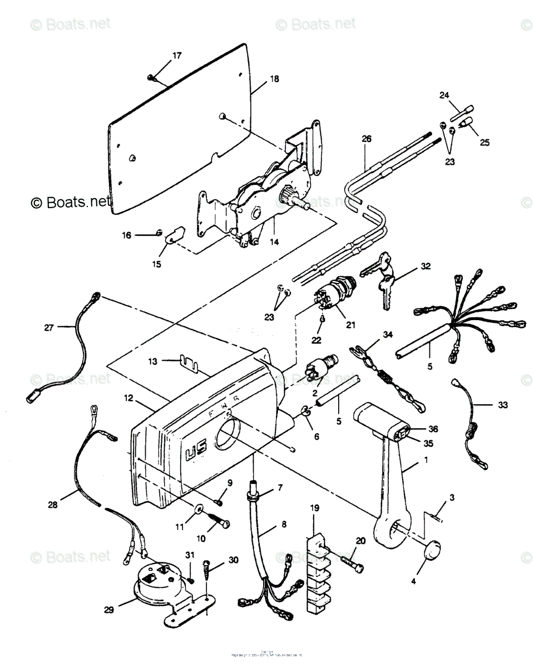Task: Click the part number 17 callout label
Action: pyautogui.click(x=177, y=56)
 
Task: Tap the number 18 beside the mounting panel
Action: pyautogui.click(x=274, y=79)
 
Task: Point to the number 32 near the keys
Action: pyautogui.click(x=426, y=266)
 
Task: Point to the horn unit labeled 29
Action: pyautogui.click(x=161, y=590)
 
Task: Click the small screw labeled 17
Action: pyautogui.click(x=151, y=76)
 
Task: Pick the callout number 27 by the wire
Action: pyautogui.click(x=49, y=327)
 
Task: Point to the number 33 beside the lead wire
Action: pyautogui.click(x=502, y=405)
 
